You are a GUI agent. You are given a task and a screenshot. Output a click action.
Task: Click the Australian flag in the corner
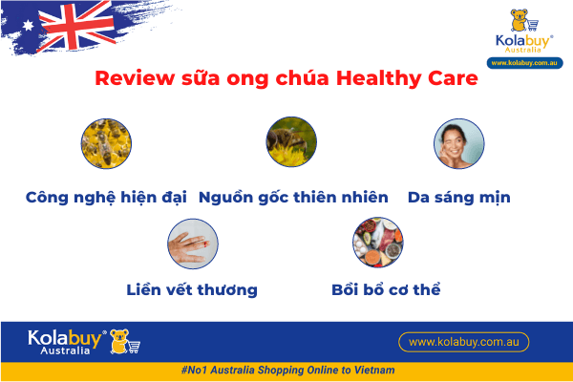62,27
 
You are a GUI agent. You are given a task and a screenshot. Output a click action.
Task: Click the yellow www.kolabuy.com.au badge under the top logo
524,63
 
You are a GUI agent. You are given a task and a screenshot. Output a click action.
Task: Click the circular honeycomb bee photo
105,142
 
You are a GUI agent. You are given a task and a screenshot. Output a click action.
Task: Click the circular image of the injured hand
192,244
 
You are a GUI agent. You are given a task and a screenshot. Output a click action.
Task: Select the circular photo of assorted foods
376,244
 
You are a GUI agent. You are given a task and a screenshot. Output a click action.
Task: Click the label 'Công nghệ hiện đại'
106,198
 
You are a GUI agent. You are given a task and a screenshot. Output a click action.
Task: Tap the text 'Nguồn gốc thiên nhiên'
293,198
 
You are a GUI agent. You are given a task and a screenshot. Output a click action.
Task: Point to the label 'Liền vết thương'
192,288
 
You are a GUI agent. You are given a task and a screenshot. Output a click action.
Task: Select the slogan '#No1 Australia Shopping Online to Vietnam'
286,371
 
